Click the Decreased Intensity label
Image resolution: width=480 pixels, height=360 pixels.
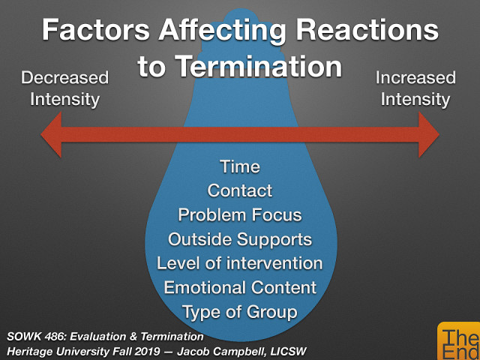pos(64,88)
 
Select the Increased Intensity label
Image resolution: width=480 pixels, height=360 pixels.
pos(415,88)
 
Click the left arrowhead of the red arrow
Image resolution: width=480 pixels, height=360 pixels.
pos(54,135)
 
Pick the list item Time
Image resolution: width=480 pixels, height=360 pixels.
pos(240,166)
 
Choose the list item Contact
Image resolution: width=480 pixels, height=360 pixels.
pos(240,190)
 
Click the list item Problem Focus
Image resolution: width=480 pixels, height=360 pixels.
pos(240,215)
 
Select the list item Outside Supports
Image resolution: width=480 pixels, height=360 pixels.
pos(240,240)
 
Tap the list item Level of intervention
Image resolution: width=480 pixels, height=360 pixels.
pos(240,264)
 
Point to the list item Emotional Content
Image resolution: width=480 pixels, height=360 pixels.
pos(240,288)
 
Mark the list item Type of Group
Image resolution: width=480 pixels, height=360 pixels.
pos(240,312)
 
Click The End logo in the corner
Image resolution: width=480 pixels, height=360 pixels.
pos(458,342)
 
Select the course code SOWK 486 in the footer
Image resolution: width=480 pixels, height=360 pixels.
pos(34,335)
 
